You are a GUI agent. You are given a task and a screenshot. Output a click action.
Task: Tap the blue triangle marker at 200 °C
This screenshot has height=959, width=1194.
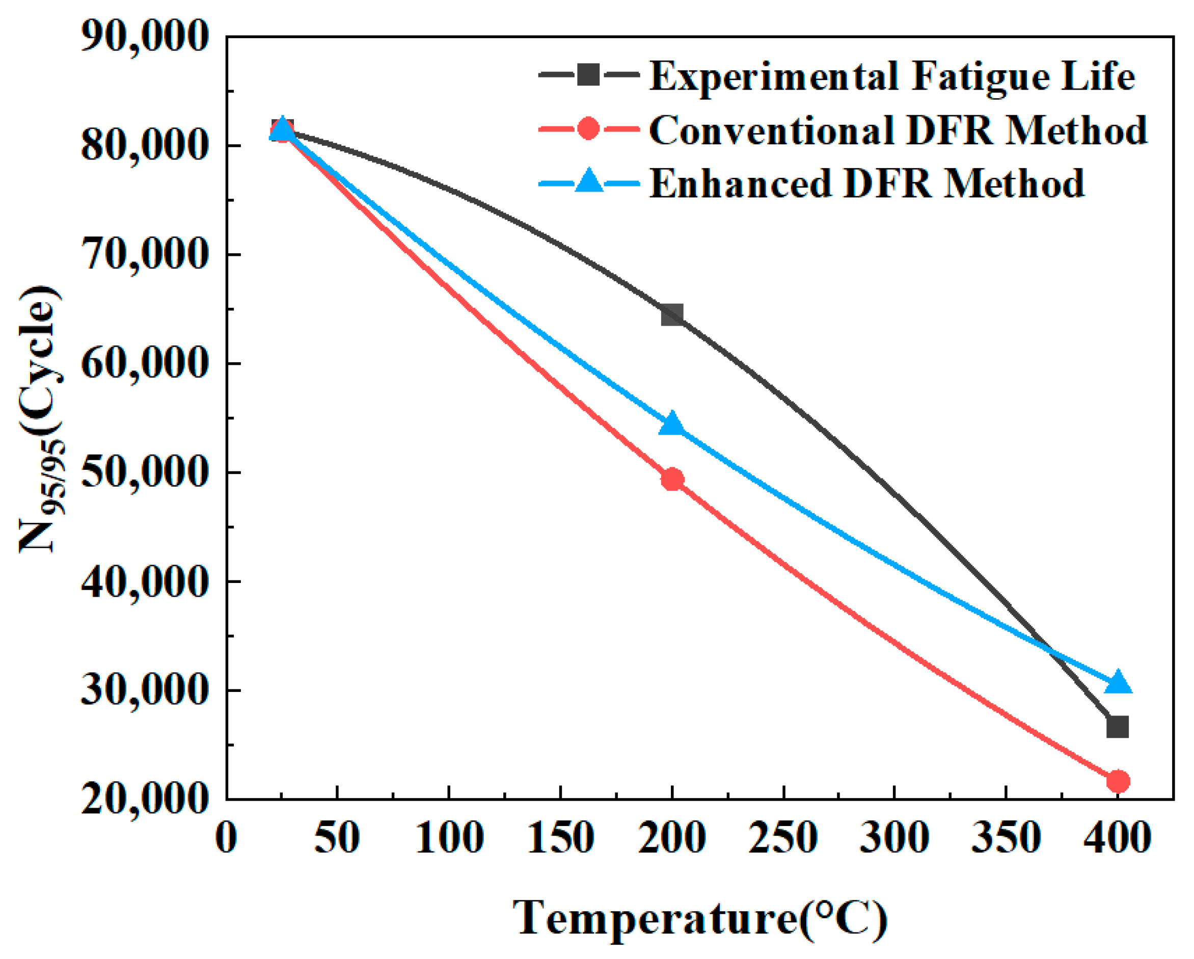click(x=672, y=423)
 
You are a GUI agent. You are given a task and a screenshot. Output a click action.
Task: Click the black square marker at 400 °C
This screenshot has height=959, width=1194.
click(x=1118, y=727)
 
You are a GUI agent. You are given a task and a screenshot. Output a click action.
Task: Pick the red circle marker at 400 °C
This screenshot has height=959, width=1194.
click(x=1118, y=781)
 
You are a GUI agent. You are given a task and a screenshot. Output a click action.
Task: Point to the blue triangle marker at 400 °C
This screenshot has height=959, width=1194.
click(x=1118, y=681)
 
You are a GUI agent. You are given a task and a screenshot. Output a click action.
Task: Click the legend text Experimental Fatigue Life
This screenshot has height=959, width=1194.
click(x=892, y=76)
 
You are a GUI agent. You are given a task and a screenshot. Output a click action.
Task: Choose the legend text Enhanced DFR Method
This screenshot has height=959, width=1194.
click(x=866, y=183)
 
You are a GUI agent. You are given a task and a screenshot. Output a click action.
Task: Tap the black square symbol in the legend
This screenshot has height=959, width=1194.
click(x=588, y=74)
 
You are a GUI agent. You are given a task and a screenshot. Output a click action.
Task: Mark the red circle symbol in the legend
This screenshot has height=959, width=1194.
click(x=588, y=128)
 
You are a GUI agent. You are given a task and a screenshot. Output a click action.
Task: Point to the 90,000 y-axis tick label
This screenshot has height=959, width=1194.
click(x=145, y=38)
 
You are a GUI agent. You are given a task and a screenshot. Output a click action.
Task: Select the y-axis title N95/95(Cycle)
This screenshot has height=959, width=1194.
click(x=40, y=419)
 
